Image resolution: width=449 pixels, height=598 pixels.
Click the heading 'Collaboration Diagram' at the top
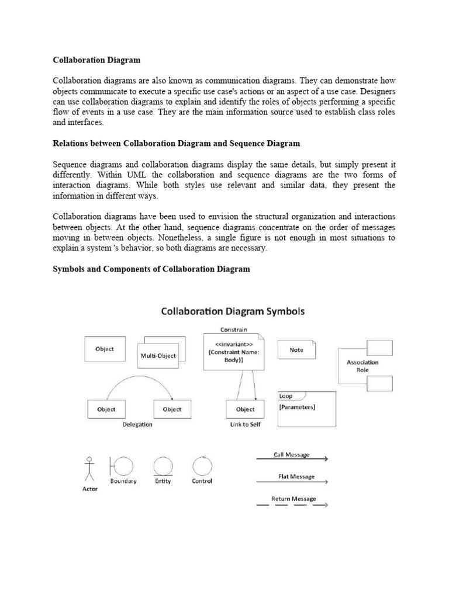[x=96, y=60]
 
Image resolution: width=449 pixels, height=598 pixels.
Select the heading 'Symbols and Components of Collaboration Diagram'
[x=151, y=269]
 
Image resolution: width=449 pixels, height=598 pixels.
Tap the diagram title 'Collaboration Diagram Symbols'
[x=233, y=311]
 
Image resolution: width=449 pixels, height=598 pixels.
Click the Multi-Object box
[x=158, y=355]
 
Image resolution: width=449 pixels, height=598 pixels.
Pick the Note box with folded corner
[x=296, y=350]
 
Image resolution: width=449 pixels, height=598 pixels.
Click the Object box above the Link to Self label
[x=245, y=409]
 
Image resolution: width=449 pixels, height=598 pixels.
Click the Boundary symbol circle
[x=123, y=465]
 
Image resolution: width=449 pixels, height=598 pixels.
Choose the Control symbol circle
[x=202, y=465]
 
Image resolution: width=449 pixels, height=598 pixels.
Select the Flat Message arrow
[x=292, y=482]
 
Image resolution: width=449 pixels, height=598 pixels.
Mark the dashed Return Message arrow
[x=292, y=504]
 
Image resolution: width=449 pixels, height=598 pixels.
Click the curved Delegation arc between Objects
[x=138, y=379]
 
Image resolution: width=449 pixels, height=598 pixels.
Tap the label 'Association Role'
[x=362, y=366]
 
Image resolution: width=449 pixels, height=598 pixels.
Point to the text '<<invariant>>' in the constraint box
[x=233, y=345]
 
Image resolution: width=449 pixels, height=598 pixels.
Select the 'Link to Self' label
[x=246, y=425]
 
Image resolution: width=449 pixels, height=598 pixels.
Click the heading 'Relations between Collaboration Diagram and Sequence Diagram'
[x=176, y=143]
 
